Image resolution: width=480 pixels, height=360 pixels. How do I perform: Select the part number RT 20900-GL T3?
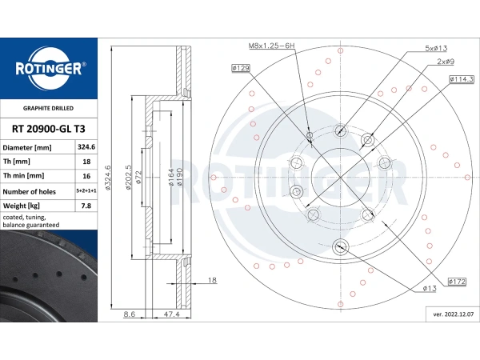point(48,129)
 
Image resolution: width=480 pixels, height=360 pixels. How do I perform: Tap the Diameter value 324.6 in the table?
point(86,147)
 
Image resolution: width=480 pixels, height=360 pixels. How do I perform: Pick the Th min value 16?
point(86,176)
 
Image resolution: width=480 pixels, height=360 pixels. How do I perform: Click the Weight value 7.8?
point(86,206)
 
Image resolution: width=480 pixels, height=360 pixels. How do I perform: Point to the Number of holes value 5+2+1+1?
point(86,190)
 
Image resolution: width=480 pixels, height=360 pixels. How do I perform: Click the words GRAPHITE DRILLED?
point(48,108)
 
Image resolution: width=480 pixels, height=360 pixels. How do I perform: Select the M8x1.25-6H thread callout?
point(271,46)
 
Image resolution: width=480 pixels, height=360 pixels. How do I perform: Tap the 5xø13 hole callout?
point(436,48)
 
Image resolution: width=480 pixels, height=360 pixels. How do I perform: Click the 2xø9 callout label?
point(446,62)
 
